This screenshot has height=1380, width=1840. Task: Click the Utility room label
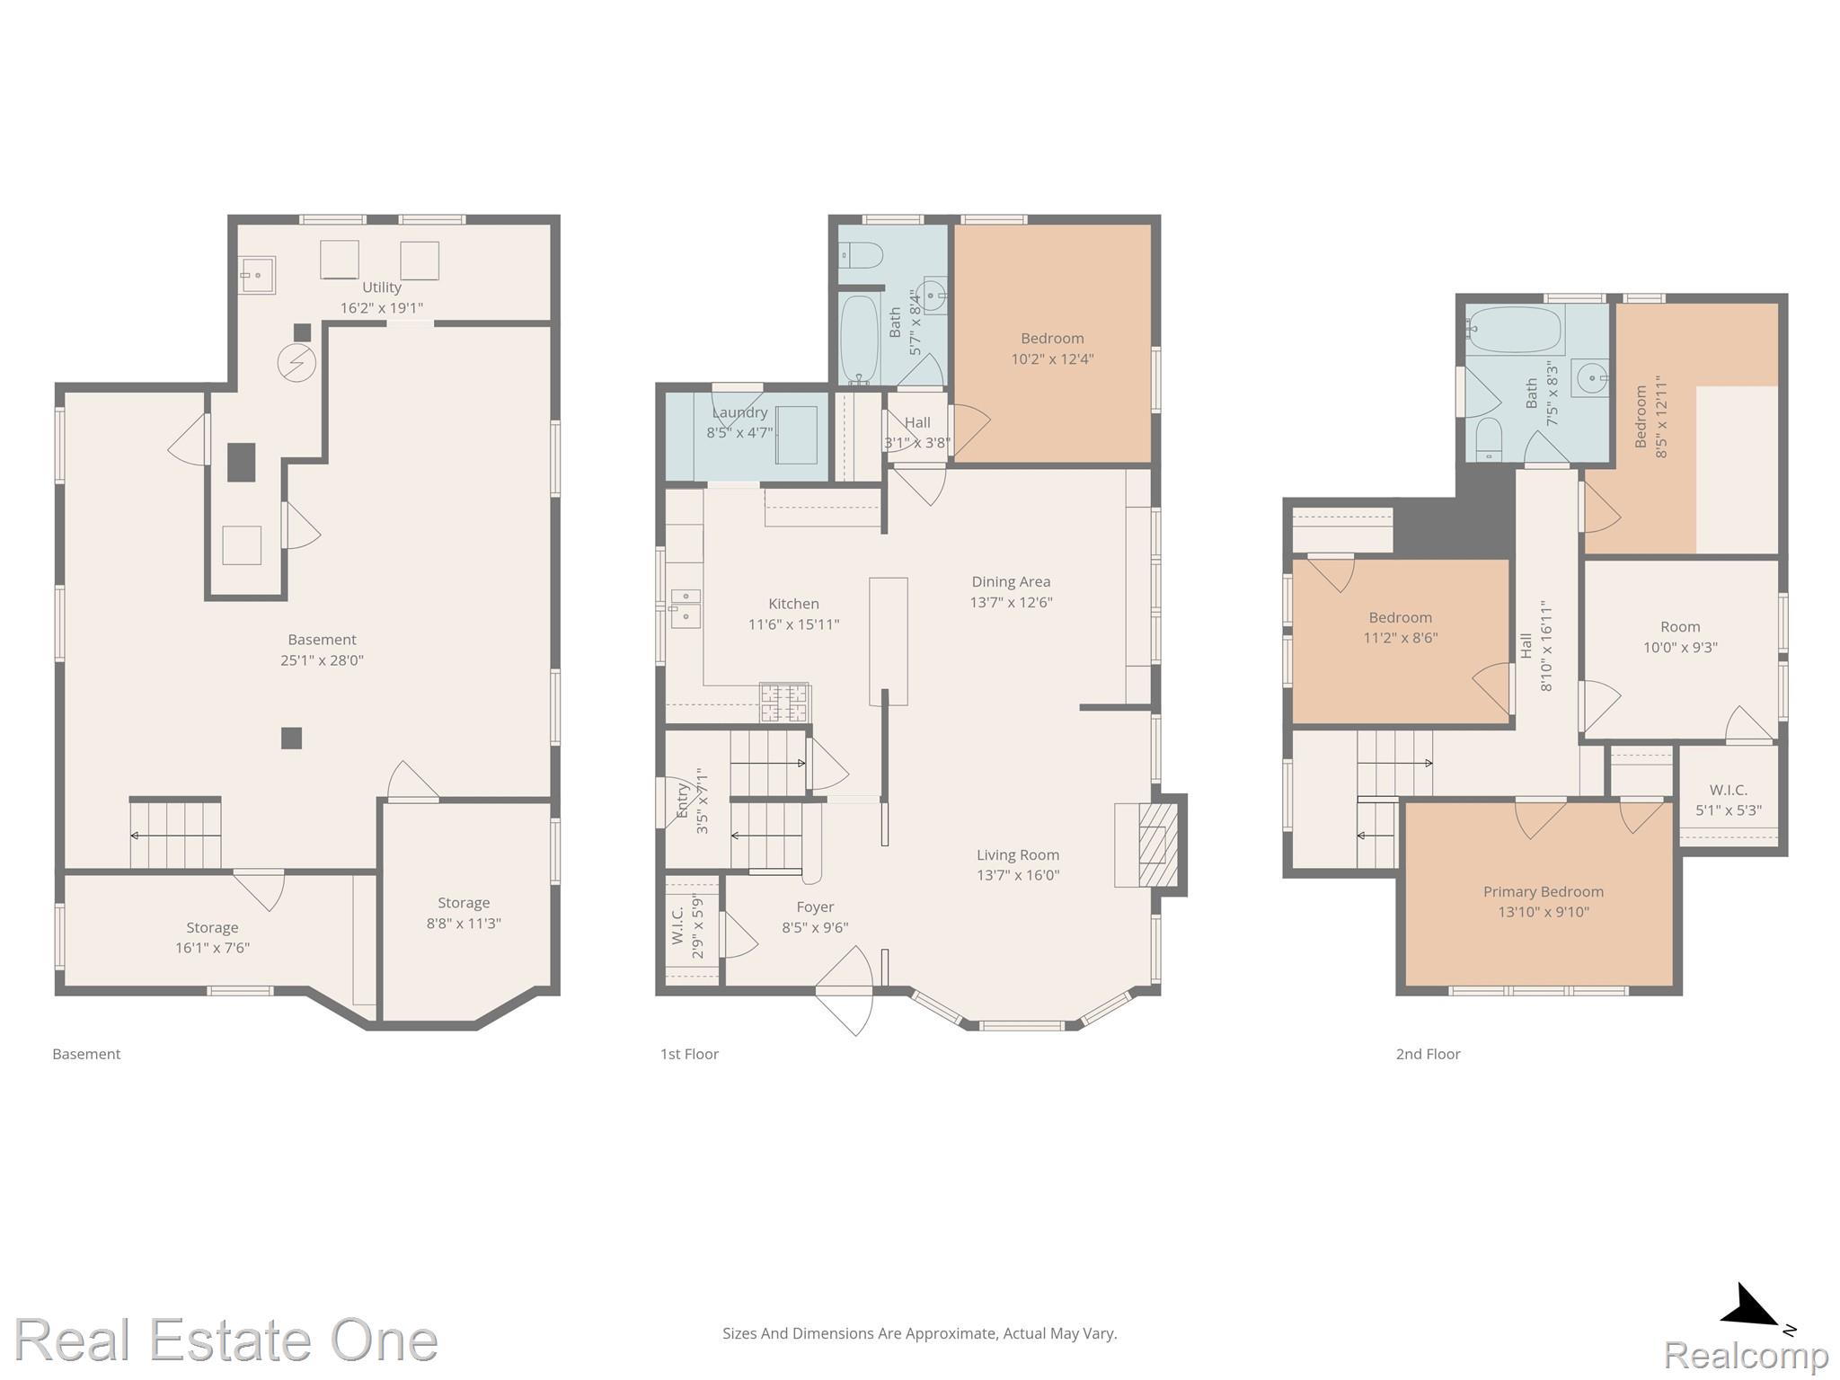pos(381,287)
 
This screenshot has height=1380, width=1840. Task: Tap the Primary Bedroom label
pos(1543,891)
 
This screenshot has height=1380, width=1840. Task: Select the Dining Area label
pos(1011,581)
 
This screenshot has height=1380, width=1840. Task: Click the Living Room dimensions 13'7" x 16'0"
pos(1018,875)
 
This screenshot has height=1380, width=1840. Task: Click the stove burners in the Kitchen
pos(785,703)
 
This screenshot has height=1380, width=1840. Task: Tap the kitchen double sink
pos(686,608)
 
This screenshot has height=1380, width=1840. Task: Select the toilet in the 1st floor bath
pos(861,255)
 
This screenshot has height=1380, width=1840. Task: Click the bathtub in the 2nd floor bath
pos(1515,330)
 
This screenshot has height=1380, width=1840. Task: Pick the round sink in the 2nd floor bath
pos(1589,378)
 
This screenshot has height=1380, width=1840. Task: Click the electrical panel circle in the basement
pos(296,363)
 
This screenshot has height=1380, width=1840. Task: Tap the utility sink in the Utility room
pos(258,274)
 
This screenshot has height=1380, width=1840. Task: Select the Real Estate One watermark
pos(226,1340)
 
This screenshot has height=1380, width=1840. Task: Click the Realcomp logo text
pos(1746,1356)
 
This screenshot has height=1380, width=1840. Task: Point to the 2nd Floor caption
pos(1428,1054)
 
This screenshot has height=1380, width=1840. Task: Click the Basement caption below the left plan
pos(86,1054)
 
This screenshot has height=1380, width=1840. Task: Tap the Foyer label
pos(815,907)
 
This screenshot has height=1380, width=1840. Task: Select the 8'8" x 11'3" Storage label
pos(464,913)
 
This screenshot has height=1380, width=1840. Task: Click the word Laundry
pos(739,412)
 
